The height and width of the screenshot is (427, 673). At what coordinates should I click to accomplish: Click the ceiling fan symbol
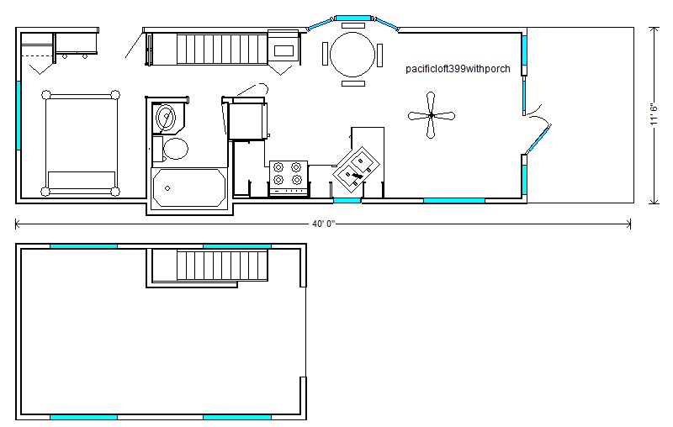431,115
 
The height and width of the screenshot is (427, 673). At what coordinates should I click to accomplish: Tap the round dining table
352,55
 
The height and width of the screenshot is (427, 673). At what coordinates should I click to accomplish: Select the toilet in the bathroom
171,149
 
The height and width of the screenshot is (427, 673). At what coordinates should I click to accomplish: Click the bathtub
189,187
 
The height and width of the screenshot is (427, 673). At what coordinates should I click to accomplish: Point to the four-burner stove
289,178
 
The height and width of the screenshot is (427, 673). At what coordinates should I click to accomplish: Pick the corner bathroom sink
167,117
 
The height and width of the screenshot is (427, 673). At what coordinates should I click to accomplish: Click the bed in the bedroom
81,143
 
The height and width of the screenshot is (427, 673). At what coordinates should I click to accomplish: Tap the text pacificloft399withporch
458,69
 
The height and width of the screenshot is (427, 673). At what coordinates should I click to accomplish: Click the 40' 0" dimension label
323,224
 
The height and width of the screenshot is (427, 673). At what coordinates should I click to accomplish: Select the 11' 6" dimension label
654,114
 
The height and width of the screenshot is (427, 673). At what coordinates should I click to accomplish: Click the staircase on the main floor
222,50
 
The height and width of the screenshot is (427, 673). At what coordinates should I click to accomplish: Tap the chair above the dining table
353,25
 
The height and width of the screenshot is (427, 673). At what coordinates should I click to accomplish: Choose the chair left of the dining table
325,54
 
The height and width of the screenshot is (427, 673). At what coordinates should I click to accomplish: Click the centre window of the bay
352,18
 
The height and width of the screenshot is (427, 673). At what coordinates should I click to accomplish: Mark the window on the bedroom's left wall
19,115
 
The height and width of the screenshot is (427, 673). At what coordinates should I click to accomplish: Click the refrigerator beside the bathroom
248,119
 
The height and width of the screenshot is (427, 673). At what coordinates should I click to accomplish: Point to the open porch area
580,115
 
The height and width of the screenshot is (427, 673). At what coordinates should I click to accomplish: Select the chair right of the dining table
379,55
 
